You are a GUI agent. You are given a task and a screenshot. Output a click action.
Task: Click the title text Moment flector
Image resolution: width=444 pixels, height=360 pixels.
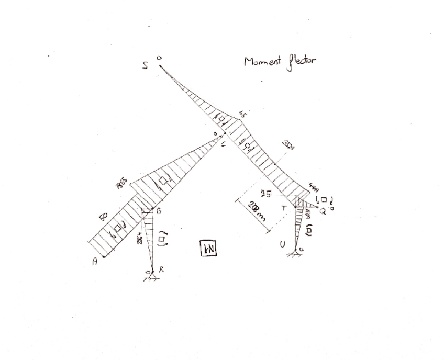280,62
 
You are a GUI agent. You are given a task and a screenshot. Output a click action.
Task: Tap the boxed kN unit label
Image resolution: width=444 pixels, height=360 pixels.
208,249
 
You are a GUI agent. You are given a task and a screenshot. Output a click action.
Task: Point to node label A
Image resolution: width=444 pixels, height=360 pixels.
95,263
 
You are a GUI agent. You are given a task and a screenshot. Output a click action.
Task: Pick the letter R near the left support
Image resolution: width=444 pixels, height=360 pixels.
161,269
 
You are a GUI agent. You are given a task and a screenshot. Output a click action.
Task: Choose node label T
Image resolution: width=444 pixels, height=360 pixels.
284,208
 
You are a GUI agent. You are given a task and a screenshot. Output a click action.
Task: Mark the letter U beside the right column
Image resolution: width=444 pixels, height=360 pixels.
283,243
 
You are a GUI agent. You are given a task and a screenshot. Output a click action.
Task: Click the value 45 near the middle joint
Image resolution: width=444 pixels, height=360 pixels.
242,114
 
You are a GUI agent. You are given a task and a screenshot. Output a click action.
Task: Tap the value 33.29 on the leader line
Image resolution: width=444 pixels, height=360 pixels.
288,145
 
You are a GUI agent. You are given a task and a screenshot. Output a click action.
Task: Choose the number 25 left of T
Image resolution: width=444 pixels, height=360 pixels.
266,195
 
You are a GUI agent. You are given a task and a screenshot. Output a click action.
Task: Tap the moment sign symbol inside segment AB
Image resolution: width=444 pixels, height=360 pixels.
118,230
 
